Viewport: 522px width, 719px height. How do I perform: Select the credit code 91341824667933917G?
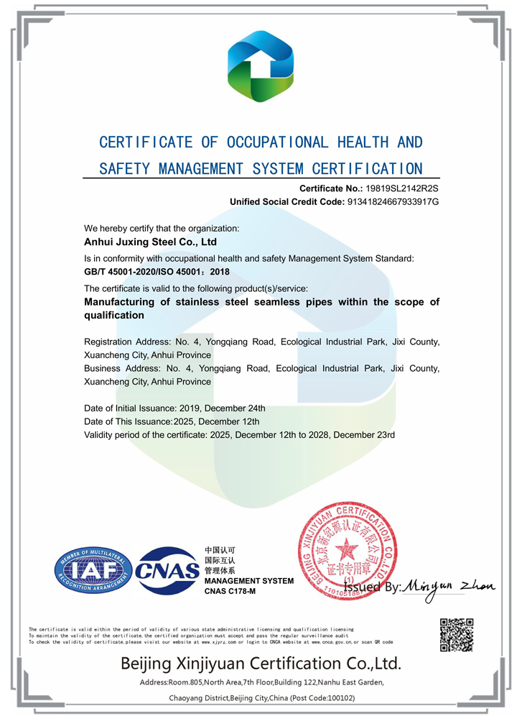click(x=392, y=202)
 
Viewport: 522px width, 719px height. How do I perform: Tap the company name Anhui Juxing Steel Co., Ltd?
click(x=150, y=242)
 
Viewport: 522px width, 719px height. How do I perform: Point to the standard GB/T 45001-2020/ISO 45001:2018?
click(x=157, y=272)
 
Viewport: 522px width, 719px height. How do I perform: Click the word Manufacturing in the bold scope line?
click(x=120, y=302)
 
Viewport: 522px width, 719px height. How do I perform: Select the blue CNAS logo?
click(x=167, y=571)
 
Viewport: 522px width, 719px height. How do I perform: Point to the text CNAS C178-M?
click(x=230, y=591)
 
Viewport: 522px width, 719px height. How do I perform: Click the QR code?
click(x=457, y=634)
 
